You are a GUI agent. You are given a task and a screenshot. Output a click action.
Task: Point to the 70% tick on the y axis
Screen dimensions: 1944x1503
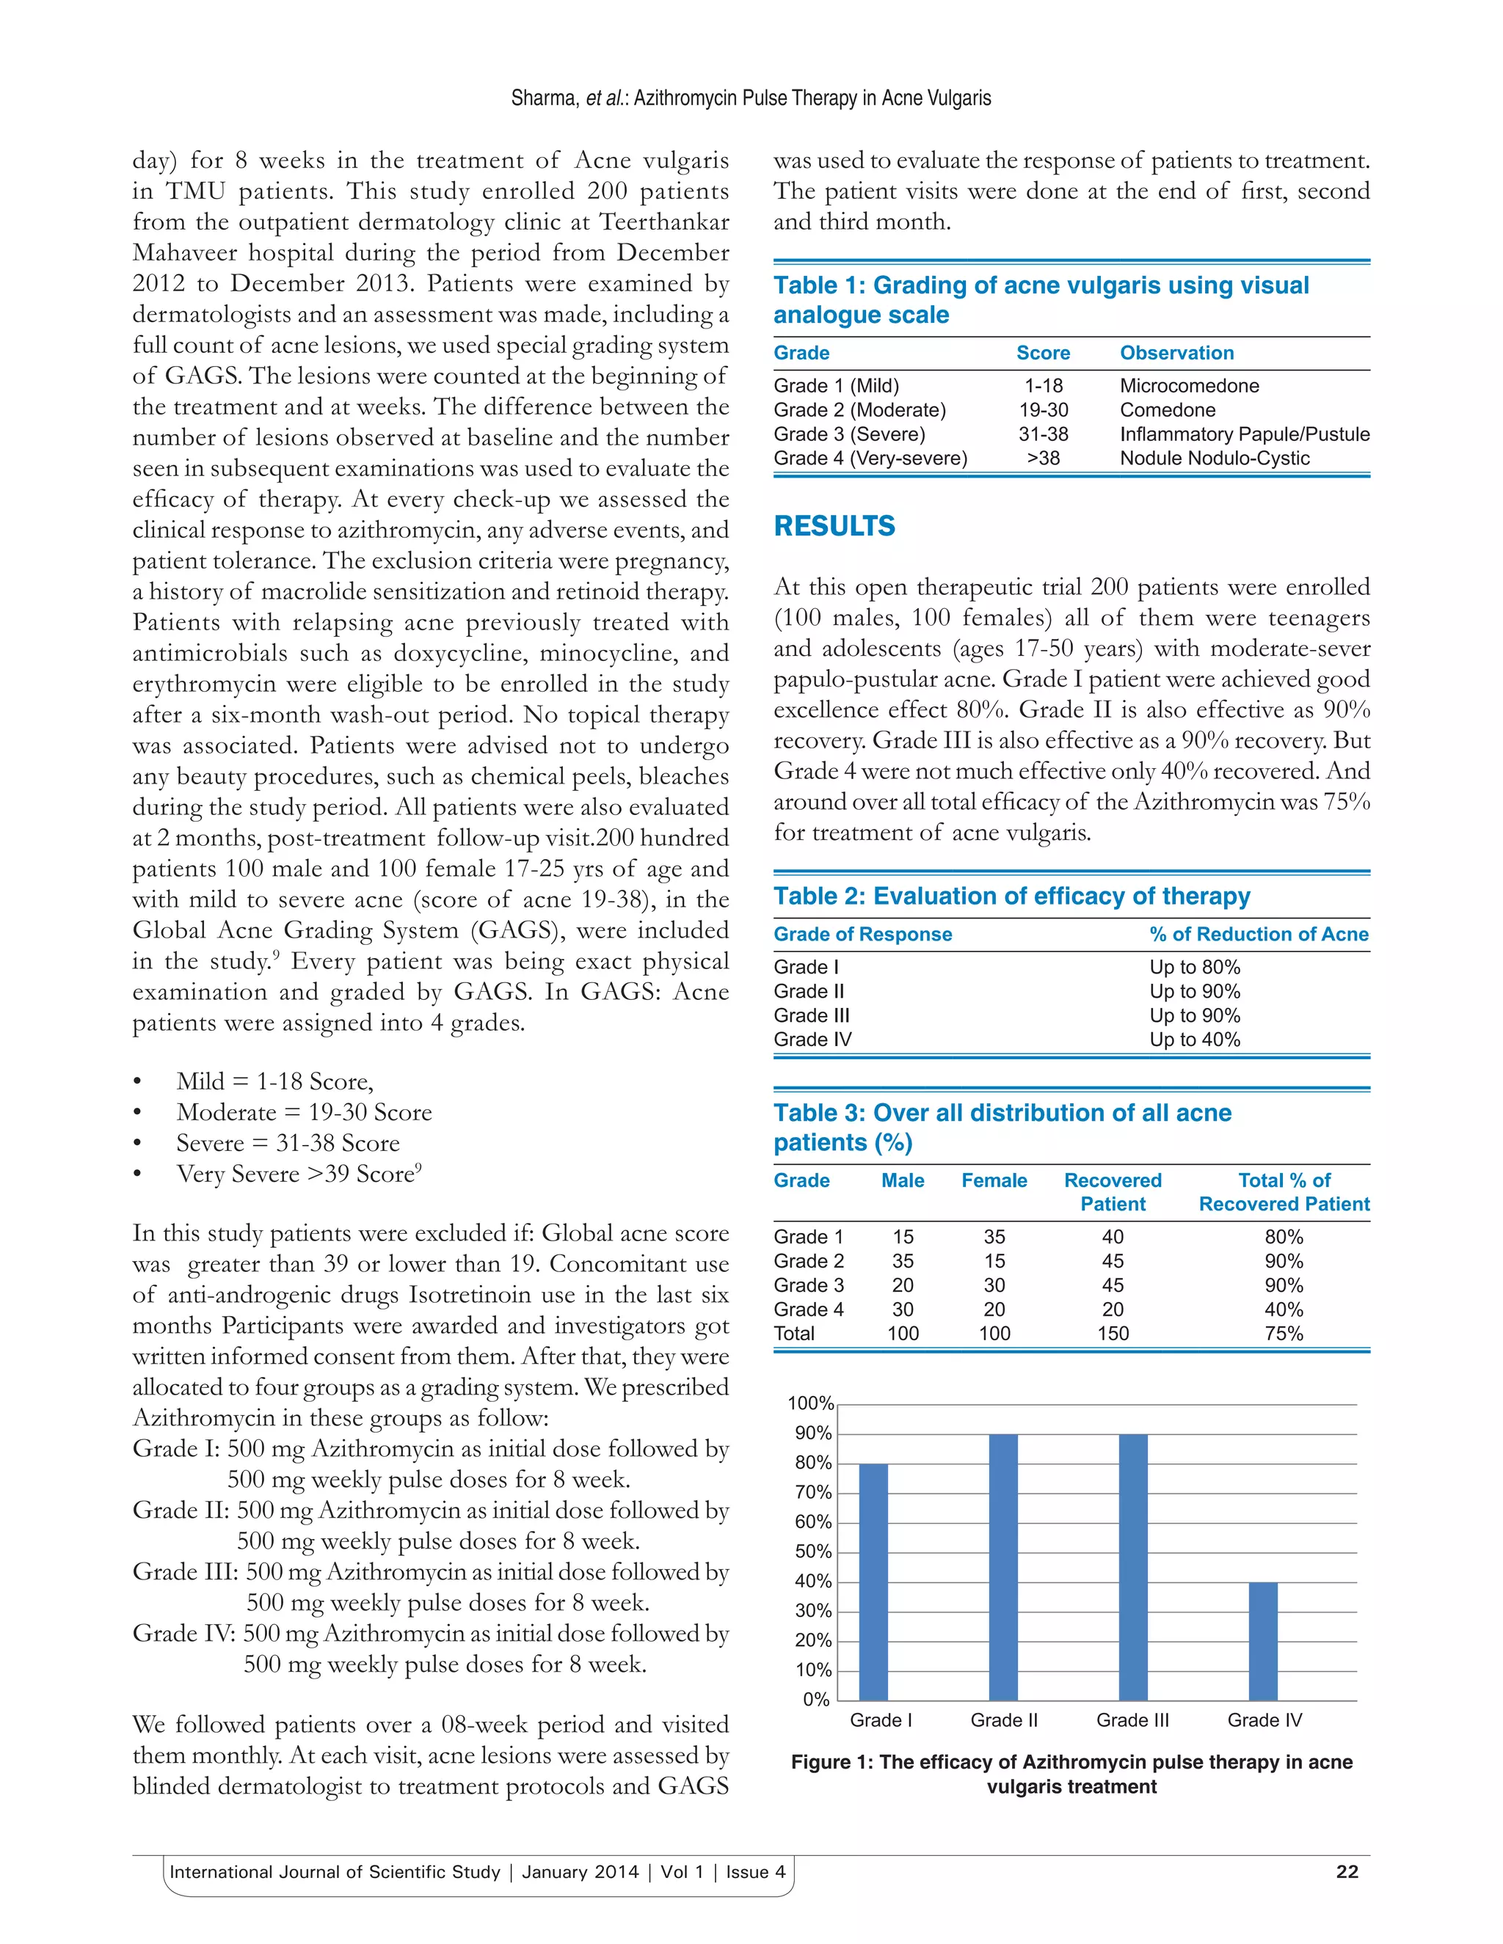813,1493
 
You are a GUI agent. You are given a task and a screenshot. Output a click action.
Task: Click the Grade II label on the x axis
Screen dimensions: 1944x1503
1003,1720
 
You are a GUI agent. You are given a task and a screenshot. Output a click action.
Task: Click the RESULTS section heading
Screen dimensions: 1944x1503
834,526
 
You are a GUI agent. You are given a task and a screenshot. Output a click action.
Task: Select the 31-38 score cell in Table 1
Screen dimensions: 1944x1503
1043,434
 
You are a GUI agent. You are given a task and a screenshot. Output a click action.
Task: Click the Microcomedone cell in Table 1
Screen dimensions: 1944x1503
1189,385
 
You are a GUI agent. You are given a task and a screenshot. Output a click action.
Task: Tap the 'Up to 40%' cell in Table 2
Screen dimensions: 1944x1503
1194,1039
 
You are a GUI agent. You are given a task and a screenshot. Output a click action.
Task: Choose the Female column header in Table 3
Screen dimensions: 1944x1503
994,1180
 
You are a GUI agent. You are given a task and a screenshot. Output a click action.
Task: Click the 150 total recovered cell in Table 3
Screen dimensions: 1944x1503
1112,1334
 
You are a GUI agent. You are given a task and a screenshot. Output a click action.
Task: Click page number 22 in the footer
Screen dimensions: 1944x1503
1346,1871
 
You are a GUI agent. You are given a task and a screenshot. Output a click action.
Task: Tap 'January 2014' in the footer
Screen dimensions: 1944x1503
580,1871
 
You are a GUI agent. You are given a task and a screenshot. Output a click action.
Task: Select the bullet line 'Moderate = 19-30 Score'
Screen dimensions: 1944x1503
304,1113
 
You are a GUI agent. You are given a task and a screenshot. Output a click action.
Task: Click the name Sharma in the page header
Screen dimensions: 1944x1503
543,98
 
